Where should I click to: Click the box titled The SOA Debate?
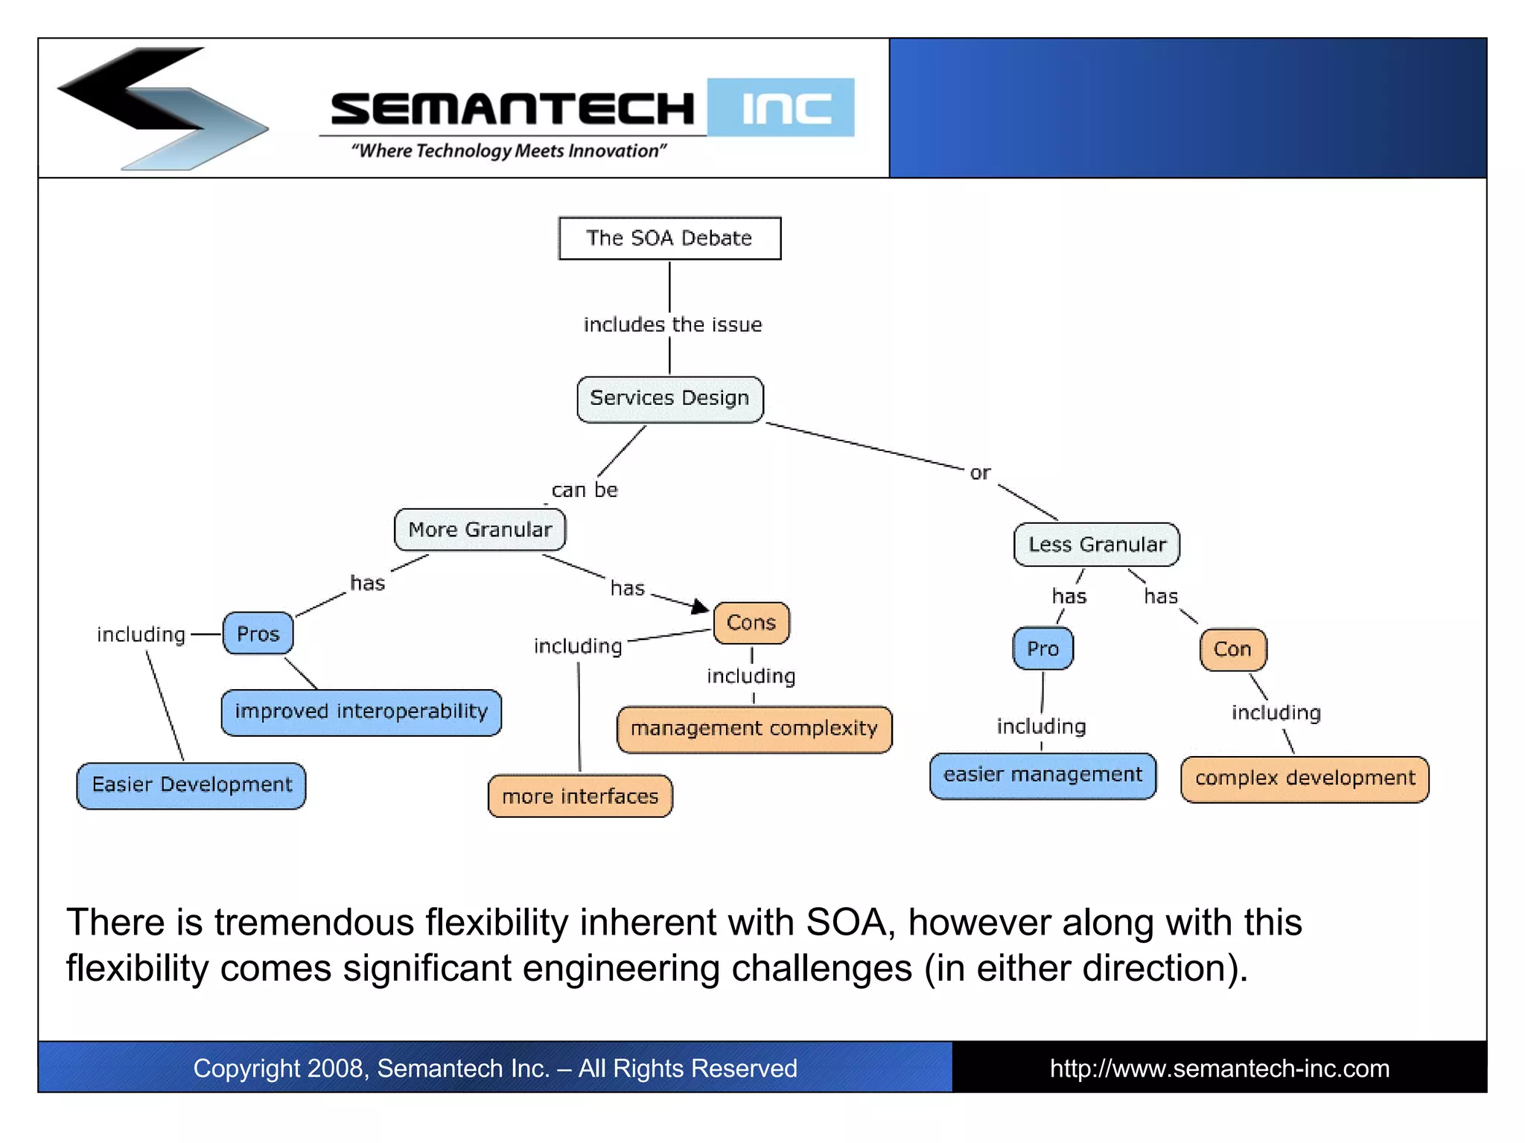point(669,238)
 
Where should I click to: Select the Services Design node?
point(669,399)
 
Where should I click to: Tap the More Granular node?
point(480,530)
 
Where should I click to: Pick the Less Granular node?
point(1096,545)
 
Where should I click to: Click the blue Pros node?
point(258,634)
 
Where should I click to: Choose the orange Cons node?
point(751,623)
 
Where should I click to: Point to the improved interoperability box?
point(361,712)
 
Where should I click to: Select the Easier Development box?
point(191,785)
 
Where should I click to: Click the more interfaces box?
point(580,797)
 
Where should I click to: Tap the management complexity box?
point(754,729)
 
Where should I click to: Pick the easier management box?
point(1042,775)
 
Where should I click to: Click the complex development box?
point(1305,779)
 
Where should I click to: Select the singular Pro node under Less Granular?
point(1042,649)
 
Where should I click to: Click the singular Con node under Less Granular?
point(1232,650)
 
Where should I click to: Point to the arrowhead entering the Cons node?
point(700,607)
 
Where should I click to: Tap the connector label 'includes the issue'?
point(672,325)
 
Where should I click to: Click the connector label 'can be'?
point(585,490)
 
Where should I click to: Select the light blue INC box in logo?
point(780,108)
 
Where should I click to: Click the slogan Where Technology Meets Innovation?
point(509,151)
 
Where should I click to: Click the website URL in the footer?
point(1219,1069)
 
